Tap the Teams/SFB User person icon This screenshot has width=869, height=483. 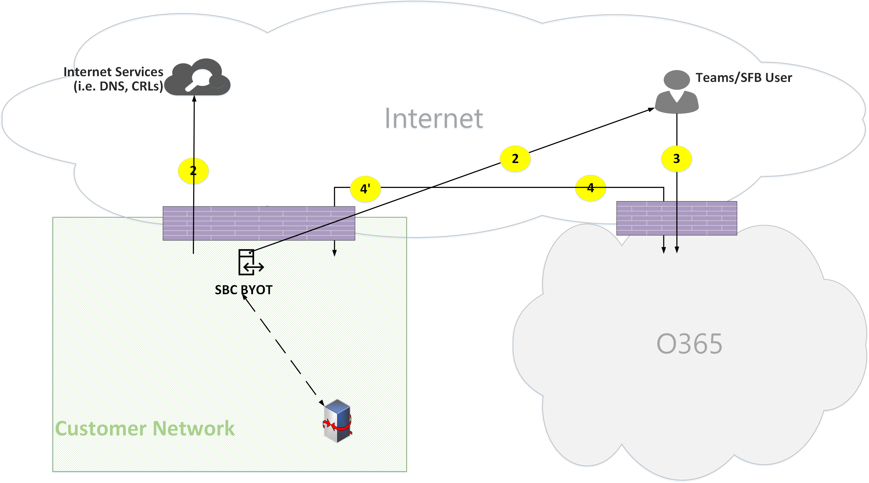click(677, 92)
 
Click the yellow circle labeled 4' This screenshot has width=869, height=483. click(365, 189)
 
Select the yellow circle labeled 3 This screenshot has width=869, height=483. click(676, 158)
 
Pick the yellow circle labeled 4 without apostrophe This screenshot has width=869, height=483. click(590, 188)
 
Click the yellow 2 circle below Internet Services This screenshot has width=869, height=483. click(193, 171)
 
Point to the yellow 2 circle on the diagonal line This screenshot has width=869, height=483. click(515, 158)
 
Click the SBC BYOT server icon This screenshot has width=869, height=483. click(250, 262)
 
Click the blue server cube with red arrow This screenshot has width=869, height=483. click(337, 421)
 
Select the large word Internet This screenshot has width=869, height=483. click(434, 119)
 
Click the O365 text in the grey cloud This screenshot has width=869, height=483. click(689, 344)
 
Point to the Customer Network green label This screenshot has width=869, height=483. click(145, 428)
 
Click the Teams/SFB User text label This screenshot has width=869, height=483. click(744, 78)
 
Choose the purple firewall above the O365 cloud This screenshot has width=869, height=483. click(676, 218)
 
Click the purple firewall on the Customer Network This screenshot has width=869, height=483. click(259, 223)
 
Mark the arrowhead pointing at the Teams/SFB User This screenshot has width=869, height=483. click(652, 109)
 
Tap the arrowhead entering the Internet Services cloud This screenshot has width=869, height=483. click(194, 99)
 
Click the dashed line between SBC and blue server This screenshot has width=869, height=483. click(283, 349)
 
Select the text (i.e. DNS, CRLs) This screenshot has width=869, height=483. click(118, 86)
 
